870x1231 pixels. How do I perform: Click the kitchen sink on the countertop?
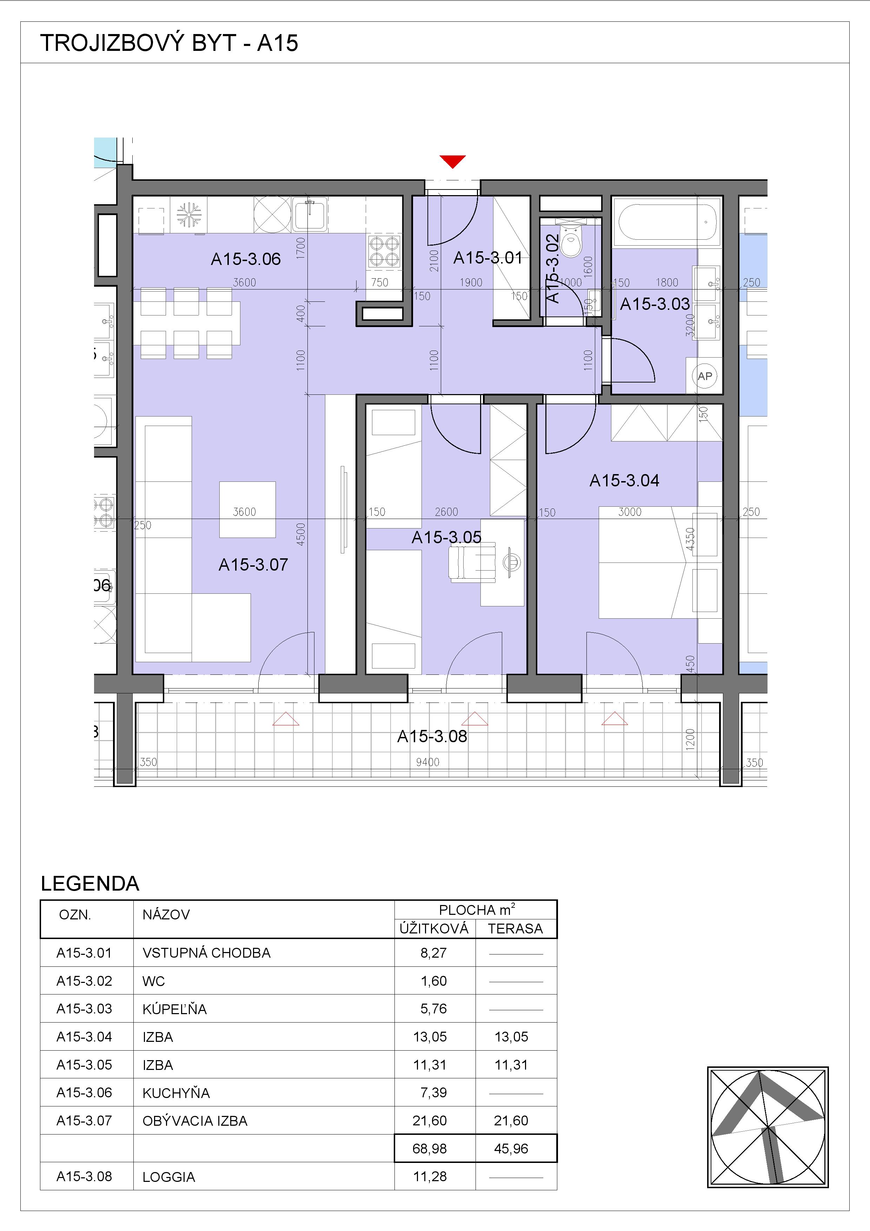pos(310,214)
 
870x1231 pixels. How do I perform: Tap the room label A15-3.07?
pos(253,565)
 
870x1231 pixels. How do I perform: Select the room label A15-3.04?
pos(624,480)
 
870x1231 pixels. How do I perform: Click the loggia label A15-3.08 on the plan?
pos(432,736)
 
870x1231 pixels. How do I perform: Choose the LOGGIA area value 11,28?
pos(430,1176)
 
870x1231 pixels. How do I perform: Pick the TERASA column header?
pos(515,929)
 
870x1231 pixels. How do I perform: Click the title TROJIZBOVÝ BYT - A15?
pos(169,43)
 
